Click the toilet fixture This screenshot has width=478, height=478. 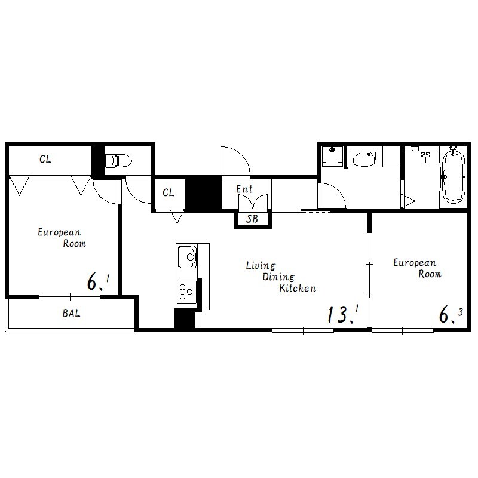pos(118,160)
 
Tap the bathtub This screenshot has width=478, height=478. pos(454,177)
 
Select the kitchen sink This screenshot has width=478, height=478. pos(187,256)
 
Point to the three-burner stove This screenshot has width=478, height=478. pos(186,292)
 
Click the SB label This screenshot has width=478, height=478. pos(252,219)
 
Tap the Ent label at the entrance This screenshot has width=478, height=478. pos(244,189)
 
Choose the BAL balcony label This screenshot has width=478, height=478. pos(71,313)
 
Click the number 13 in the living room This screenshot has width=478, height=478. pos(338,314)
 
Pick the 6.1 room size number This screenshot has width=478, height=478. pos(98,282)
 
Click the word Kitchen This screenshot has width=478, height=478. pos(298,288)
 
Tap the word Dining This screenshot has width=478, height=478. pos(278,277)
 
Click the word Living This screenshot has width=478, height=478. pos(261,265)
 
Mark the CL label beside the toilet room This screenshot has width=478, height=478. pos(45,159)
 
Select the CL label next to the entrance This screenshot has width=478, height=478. pos(168,192)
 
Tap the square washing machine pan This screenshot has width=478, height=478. pos(332,157)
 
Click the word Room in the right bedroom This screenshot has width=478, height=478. pos(430,274)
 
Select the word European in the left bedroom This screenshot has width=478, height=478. pos(59,232)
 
